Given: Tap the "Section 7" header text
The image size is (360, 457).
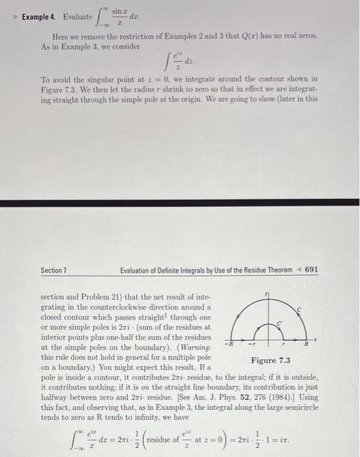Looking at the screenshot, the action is click(x=55, y=270).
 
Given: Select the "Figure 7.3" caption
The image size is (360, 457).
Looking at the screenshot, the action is click(x=271, y=360).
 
